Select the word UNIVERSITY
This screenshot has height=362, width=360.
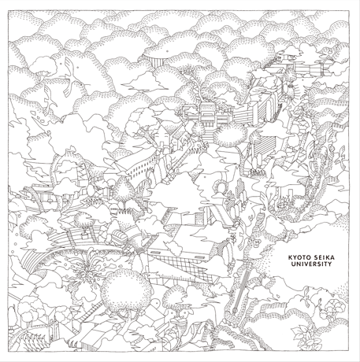(x=311, y=264)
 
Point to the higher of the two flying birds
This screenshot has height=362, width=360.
(x=71, y=77)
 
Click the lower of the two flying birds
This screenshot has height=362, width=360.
(x=49, y=101)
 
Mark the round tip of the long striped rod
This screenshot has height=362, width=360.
(x=235, y=311)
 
